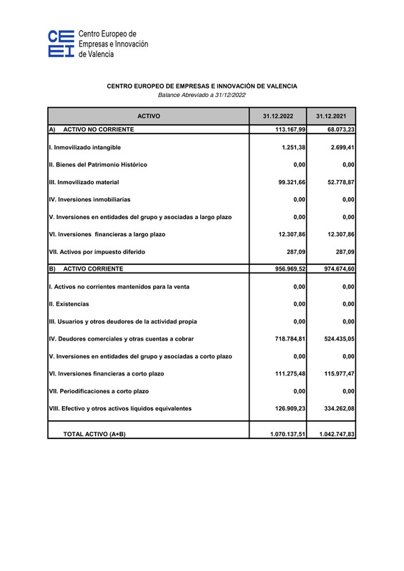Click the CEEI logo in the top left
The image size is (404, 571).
61,44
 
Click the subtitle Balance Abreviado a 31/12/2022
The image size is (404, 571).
202,95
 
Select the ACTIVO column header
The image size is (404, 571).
148,116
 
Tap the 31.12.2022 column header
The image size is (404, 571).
277,116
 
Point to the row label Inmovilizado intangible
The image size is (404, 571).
84,147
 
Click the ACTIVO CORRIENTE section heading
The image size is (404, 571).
93,269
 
